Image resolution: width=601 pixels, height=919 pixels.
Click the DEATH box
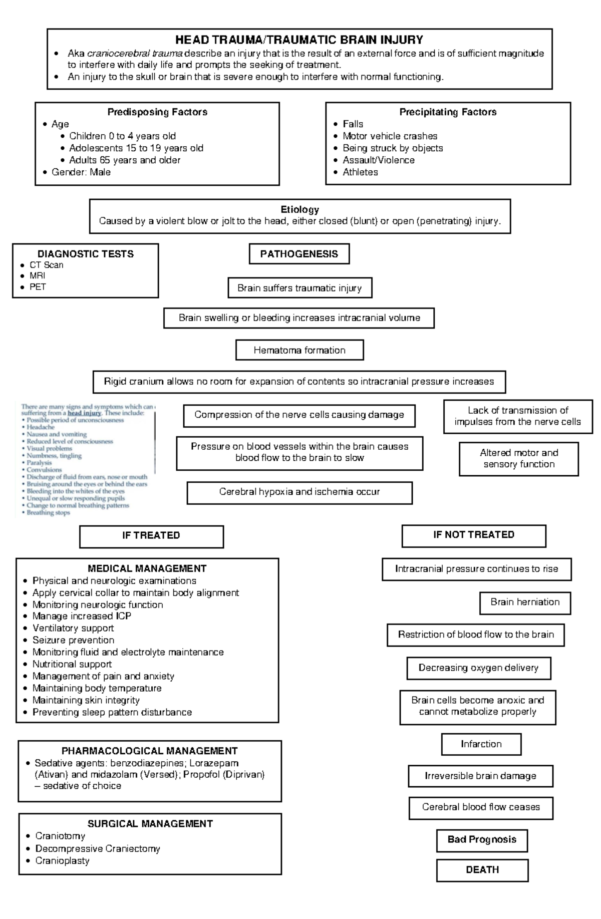(482, 870)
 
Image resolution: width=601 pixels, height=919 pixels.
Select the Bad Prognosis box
(482, 840)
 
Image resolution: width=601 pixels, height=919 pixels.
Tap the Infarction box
(481, 744)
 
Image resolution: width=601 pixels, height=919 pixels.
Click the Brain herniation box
(525, 602)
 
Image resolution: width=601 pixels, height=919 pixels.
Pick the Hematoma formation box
(299, 351)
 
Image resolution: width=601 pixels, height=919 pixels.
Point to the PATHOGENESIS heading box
(299, 254)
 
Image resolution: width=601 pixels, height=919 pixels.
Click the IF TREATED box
(151, 536)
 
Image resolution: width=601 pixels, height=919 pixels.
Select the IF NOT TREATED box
(474, 535)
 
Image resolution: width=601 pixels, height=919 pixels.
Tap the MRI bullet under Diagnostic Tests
(37, 276)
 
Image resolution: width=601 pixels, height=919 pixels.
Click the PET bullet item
(38, 287)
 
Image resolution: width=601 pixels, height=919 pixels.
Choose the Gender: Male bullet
(81, 172)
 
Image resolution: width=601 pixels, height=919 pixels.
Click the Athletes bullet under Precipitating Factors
(360, 172)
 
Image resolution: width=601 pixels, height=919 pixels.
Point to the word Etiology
(299, 210)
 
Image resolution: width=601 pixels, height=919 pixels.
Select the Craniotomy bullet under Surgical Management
(60, 836)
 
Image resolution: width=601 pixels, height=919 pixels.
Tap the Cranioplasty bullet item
(62, 861)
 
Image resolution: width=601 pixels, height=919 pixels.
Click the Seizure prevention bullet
(73, 641)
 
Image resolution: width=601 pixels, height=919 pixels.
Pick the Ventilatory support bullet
(73, 629)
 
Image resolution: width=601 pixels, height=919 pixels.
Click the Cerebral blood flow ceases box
(481, 807)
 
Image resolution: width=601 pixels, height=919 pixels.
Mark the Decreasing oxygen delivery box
(478, 668)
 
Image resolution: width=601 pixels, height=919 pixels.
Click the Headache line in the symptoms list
(41, 428)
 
